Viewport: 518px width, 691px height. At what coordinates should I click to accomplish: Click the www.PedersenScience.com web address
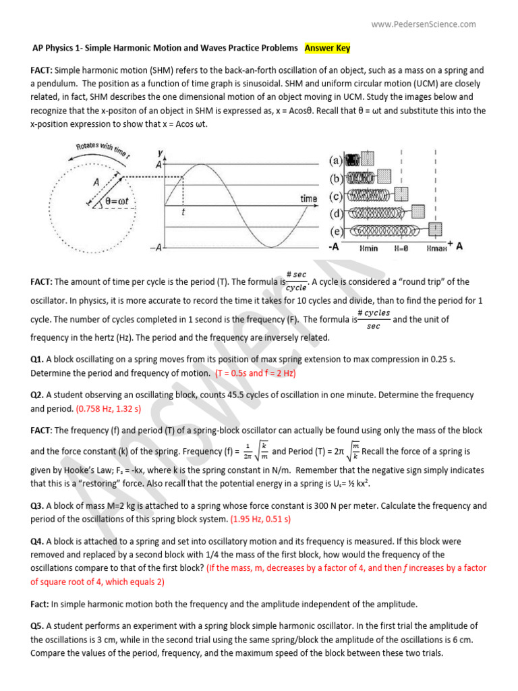click(x=423, y=24)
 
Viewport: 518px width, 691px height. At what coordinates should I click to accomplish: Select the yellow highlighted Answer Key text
click(x=327, y=48)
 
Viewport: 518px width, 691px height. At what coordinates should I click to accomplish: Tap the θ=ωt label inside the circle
click(x=119, y=201)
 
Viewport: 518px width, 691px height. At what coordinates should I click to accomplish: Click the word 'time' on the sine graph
click(x=308, y=198)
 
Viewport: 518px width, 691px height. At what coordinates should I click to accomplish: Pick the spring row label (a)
click(x=336, y=161)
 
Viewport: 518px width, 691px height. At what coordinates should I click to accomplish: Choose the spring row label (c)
click(x=336, y=196)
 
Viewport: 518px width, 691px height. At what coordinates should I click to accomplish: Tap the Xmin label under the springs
click(x=369, y=248)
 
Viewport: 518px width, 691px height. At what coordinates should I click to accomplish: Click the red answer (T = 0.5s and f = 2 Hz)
click(x=256, y=372)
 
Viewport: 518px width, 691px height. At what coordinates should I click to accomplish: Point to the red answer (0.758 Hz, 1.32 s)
click(x=109, y=409)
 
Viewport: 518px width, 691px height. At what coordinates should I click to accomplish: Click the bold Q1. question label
click(x=37, y=360)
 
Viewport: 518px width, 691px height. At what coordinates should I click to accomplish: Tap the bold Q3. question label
click(x=37, y=506)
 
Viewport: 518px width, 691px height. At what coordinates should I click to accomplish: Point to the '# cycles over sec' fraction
click(x=373, y=319)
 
